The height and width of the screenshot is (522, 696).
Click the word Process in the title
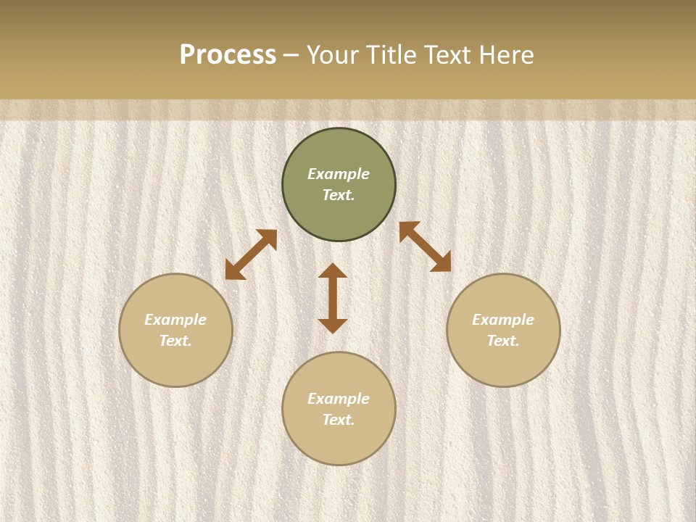pyautogui.click(x=228, y=55)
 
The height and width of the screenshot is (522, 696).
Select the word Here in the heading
pyautogui.click(x=505, y=55)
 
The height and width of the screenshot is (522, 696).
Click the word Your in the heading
pyautogui.click(x=334, y=55)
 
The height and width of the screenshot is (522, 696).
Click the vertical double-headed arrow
pyautogui.click(x=333, y=299)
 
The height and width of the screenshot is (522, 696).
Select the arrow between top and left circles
pyautogui.click(x=251, y=254)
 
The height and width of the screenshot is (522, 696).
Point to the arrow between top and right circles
pyautogui.click(x=425, y=246)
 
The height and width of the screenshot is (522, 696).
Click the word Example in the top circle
pyautogui.click(x=339, y=174)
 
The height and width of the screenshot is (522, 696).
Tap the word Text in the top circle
pyautogui.click(x=339, y=195)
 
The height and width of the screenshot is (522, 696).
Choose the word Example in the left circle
pyautogui.click(x=175, y=320)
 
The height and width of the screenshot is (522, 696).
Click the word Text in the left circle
pyautogui.click(x=175, y=341)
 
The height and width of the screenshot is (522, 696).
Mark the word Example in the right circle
pyautogui.click(x=503, y=320)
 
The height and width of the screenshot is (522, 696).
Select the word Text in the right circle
pyautogui.click(x=503, y=341)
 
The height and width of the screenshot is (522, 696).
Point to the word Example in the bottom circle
pyautogui.click(x=339, y=399)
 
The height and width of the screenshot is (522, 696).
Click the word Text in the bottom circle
pyautogui.click(x=339, y=420)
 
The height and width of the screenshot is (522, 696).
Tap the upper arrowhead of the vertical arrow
pyautogui.click(x=333, y=271)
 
